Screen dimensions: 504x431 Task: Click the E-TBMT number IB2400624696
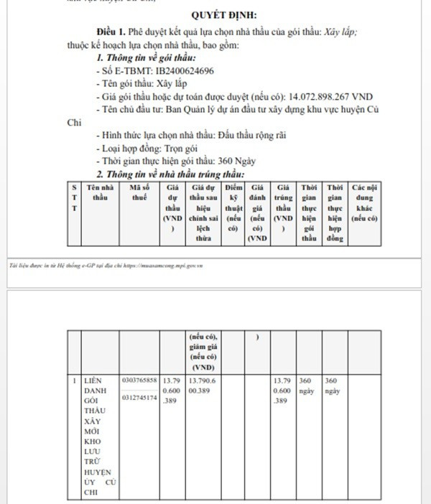pos(186,71)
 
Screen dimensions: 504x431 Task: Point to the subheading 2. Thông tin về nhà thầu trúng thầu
pos(170,174)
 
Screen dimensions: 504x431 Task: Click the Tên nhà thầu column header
pos(100,192)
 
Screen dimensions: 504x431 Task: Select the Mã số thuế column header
pos(139,192)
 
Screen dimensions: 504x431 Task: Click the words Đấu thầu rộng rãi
pos(232,135)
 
